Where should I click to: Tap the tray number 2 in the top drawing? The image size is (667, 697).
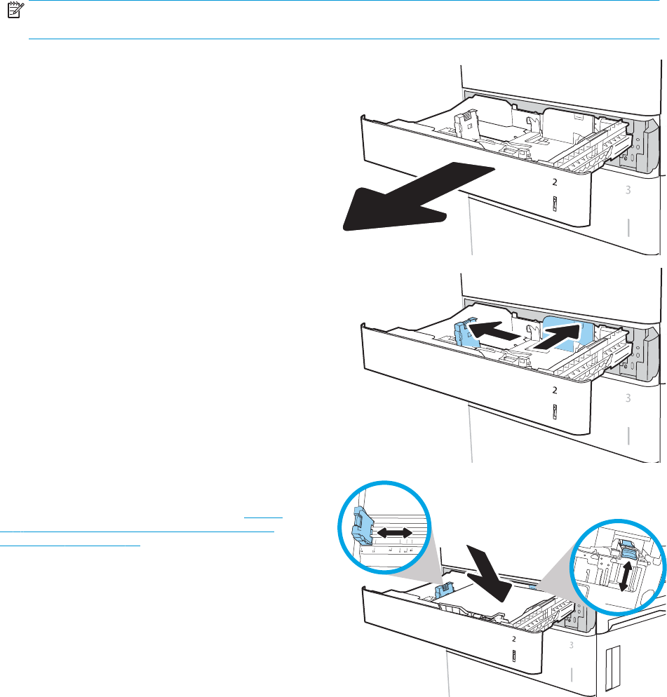[x=554, y=182]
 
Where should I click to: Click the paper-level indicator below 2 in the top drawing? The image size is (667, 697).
[x=554, y=204]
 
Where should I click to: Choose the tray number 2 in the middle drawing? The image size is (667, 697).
[x=554, y=390]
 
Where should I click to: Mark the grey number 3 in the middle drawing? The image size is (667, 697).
[x=628, y=398]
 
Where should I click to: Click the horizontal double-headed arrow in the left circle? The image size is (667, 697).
[x=394, y=534]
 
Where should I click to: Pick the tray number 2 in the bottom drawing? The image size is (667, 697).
[x=514, y=639]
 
